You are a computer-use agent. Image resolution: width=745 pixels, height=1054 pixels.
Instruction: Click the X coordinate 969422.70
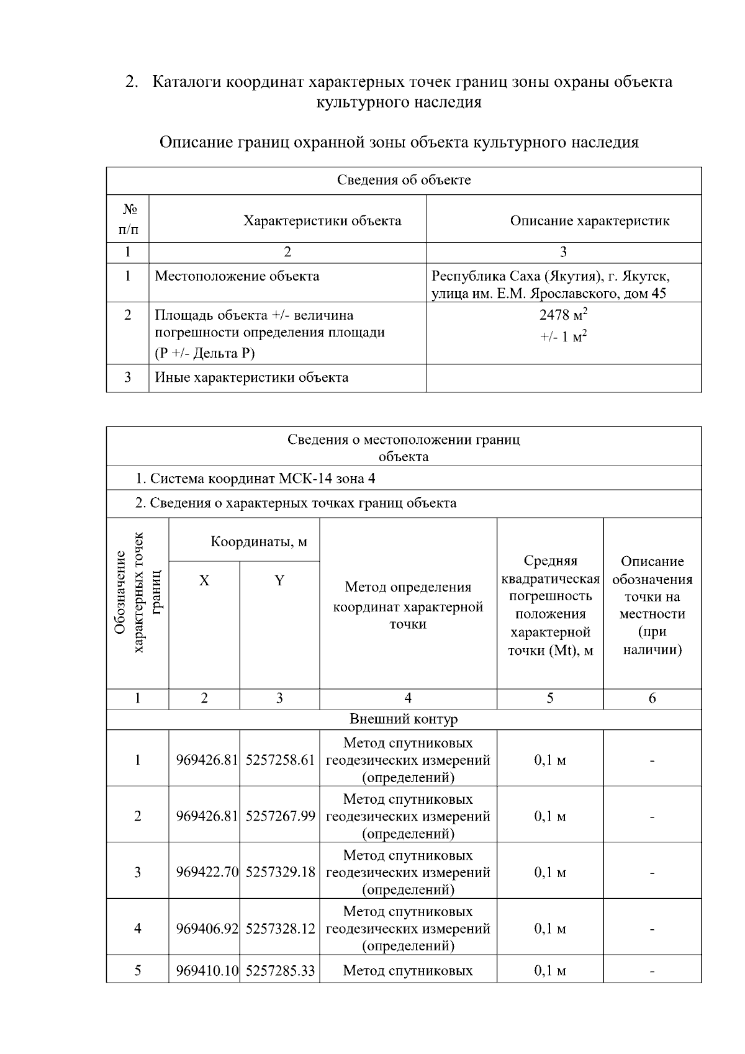click(207, 872)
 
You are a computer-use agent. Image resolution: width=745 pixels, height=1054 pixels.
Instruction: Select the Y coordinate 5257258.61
click(280, 760)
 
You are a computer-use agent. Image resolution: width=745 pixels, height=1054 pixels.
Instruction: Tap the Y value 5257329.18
click(280, 872)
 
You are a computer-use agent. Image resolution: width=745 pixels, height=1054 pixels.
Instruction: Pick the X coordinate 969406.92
click(207, 929)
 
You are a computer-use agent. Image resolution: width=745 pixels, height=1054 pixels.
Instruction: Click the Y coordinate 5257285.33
click(280, 970)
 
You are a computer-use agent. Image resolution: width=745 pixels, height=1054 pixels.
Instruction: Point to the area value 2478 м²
click(563, 315)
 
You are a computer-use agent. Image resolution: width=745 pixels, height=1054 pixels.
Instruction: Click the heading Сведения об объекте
click(404, 181)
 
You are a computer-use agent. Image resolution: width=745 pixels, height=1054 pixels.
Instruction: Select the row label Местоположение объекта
click(237, 276)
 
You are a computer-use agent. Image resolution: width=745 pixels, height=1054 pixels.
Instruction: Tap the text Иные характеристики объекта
click(251, 377)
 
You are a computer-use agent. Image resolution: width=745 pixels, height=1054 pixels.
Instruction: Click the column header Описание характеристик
click(589, 221)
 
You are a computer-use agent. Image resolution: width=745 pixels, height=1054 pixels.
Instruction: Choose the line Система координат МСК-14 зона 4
click(255, 479)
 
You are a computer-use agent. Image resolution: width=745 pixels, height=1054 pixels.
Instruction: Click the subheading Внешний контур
click(404, 719)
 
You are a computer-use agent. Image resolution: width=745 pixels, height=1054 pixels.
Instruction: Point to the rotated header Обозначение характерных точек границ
click(138, 602)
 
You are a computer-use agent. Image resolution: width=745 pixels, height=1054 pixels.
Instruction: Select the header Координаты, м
click(259, 542)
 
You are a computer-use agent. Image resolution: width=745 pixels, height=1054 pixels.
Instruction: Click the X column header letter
click(204, 581)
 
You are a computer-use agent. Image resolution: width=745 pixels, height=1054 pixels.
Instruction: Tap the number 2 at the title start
click(130, 82)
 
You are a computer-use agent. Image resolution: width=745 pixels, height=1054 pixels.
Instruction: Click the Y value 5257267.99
click(280, 816)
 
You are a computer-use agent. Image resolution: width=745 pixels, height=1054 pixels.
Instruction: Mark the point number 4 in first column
click(137, 929)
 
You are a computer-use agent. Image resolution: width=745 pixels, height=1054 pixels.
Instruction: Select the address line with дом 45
click(549, 294)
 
